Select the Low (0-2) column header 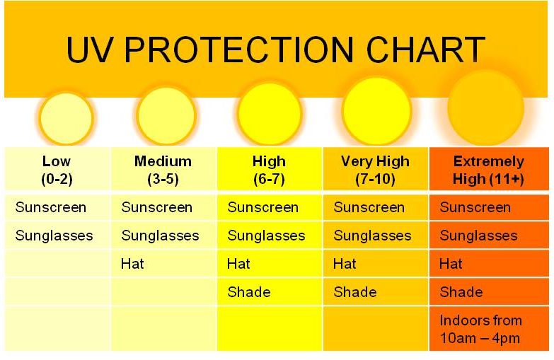tap(57, 170)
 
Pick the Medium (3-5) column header tap(163, 170)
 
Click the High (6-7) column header tap(269, 170)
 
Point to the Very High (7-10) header tap(375, 170)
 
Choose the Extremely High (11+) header tap(489, 170)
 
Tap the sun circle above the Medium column tap(166, 115)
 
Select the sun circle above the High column tap(270, 113)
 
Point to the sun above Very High tap(376, 111)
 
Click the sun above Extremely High tap(486, 108)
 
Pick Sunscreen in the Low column tap(51, 207)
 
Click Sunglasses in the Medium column tap(160, 236)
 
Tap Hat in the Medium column tap(132, 264)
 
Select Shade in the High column tap(249, 292)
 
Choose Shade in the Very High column tap(355, 292)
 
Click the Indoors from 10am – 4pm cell tap(480, 330)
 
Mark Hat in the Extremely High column tap(451, 264)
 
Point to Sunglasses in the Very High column tap(372, 236)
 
